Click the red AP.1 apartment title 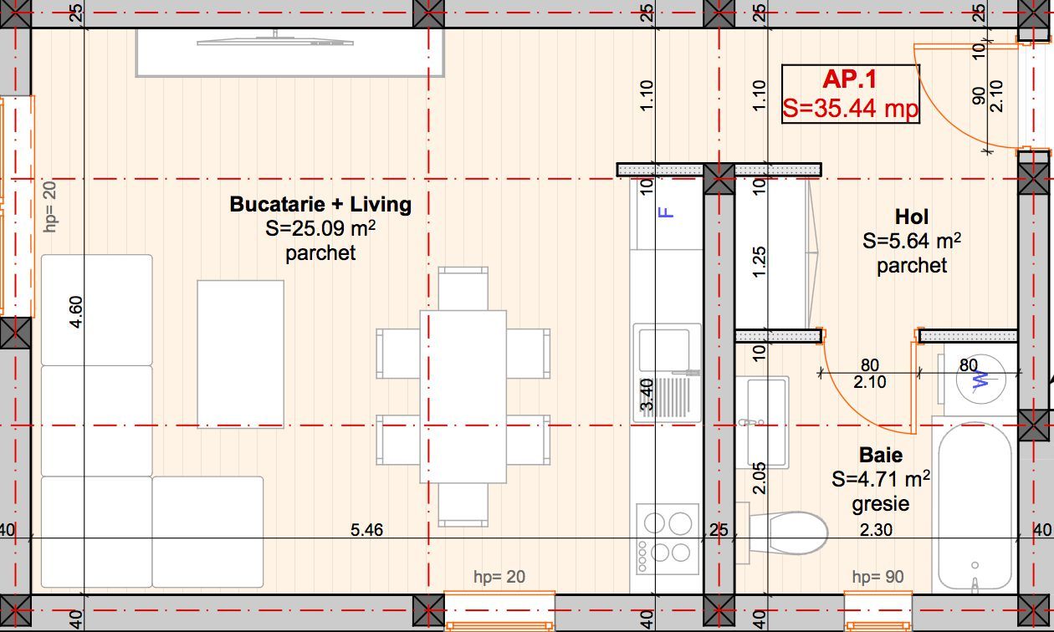click(x=850, y=79)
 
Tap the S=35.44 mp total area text click(x=850, y=108)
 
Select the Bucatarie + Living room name click(x=320, y=204)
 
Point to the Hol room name click(x=912, y=217)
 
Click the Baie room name click(x=881, y=455)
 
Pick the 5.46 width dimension click(x=366, y=530)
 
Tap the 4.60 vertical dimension click(x=76, y=311)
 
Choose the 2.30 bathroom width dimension click(x=876, y=530)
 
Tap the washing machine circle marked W click(x=981, y=379)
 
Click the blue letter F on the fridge click(x=666, y=213)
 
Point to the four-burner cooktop click(x=668, y=539)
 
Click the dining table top click(x=463, y=396)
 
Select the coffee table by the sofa click(x=240, y=354)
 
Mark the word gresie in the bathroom click(x=880, y=504)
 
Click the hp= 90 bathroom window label click(x=877, y=577)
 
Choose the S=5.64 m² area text click(x=912, y=241)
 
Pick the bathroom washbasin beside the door click(x=762, y=422)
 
